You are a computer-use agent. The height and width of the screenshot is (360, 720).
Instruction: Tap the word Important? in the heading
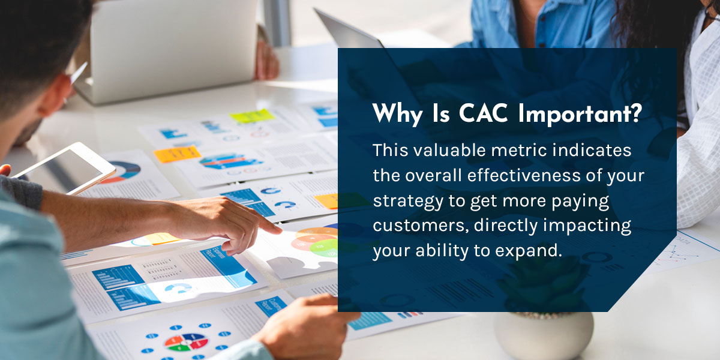coord(580,115)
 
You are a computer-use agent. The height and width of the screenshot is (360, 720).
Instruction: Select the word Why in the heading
coord(398,115)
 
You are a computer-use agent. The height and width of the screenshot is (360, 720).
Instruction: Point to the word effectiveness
coord(524,175)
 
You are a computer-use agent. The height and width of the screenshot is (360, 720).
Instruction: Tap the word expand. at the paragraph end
coord(529,251)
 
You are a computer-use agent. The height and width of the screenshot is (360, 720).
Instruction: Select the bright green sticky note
coord(252,116)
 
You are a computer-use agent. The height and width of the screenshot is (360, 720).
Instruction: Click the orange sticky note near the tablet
coord(178,154)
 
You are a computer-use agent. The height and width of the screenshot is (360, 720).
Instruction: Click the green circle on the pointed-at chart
coord(325,247)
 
